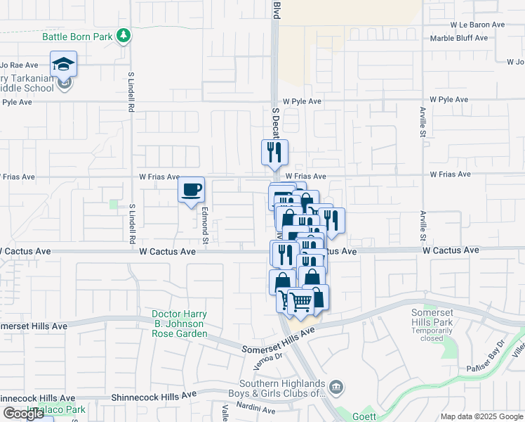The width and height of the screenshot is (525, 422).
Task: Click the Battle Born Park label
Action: (77, 36)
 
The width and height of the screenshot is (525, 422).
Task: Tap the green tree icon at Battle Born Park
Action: (124, 35)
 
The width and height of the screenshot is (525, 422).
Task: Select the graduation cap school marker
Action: (64, 64)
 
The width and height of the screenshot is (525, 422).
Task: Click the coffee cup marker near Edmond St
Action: (191, 189)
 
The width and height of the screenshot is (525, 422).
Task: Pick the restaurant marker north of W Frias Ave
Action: (274, 152)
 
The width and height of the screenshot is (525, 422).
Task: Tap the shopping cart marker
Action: (301, 302)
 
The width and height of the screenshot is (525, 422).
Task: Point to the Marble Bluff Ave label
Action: (459, 38)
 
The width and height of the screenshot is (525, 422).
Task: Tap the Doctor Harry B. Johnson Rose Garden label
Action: (180, 324)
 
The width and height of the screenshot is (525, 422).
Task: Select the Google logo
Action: (23, 414)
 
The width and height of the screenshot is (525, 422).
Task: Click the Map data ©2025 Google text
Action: (481, 416)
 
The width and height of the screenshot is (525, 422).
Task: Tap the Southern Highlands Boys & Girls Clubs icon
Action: (336, 387)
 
